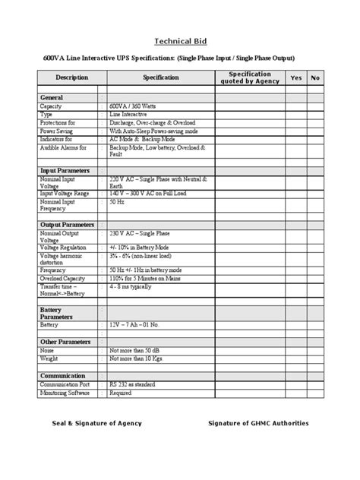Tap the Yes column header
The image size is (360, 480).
click(x=295, y=77)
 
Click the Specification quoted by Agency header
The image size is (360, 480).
click(x=250, y=77)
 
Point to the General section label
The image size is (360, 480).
click(x=52, y=98)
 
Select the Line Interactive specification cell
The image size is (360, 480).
click(x=129, y=115)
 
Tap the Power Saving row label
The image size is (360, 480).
click(x=58, y=131)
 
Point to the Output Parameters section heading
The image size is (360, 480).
click(x=68, y=224)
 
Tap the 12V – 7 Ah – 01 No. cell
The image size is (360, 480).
click(x=136, y=324)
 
